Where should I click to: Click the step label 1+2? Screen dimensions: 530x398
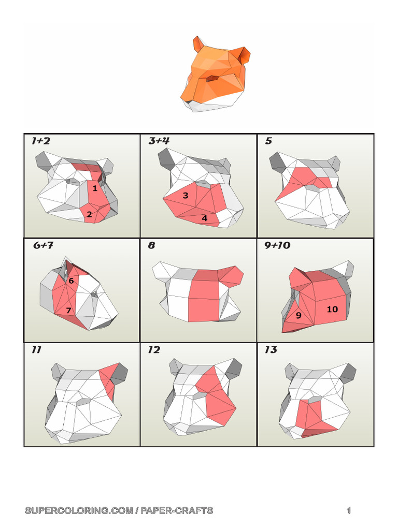coord(41,141)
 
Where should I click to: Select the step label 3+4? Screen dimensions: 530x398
coord(159,141)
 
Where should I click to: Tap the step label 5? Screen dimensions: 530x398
coord(268,141)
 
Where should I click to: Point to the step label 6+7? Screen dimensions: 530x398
coord(44,245)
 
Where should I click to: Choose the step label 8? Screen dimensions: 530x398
coord(151,245)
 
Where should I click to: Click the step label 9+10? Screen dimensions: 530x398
coord(277,245)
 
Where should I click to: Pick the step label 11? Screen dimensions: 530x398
coord(36,350)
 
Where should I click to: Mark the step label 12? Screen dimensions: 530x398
coord(154,350)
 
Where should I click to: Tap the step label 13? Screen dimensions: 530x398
coord(271,350)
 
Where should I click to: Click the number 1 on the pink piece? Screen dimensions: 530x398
coord(95,189)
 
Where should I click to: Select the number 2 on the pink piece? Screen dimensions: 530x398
coord(89,214)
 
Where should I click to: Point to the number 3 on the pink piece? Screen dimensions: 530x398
coord(185,196)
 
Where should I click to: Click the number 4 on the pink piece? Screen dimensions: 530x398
coord(205,218)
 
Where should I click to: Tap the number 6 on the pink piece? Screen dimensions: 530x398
coord(71,281)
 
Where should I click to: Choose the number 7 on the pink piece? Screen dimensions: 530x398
coord(68,311)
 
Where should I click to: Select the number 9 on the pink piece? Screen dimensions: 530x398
coord(298,315)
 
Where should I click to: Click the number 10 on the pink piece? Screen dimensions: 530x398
coord(332,309)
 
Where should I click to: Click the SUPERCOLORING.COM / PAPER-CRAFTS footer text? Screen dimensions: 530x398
coord(119,511)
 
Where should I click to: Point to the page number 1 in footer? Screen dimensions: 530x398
coord(349,511)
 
